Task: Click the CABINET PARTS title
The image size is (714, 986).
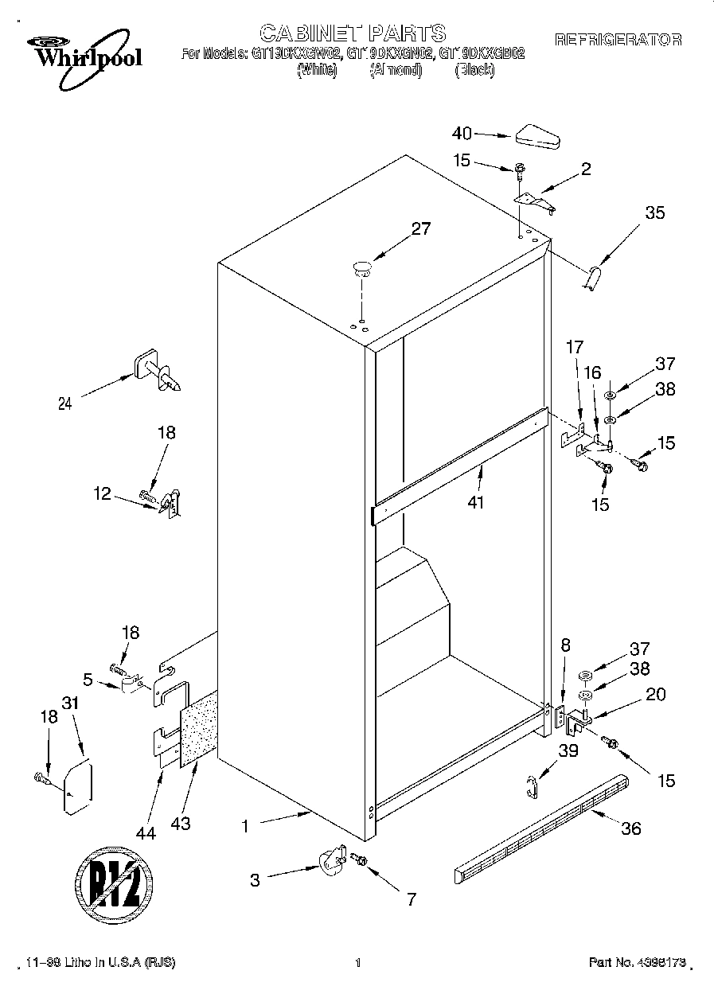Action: pos(353,33)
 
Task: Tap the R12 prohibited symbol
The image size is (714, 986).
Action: pos(119,881)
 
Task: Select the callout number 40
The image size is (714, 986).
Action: pos(462,134)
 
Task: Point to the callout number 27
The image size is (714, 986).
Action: pos(420,229)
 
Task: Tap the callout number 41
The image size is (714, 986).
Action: pos(476,502)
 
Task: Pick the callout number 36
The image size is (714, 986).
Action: pos(630,828)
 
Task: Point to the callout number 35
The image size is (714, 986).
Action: pos(654,212)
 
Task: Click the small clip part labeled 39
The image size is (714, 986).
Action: pos(533,785)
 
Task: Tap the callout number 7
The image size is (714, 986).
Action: pos(411,900)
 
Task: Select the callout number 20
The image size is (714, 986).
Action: pos(655,693)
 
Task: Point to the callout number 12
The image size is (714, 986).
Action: pos(102,493)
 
